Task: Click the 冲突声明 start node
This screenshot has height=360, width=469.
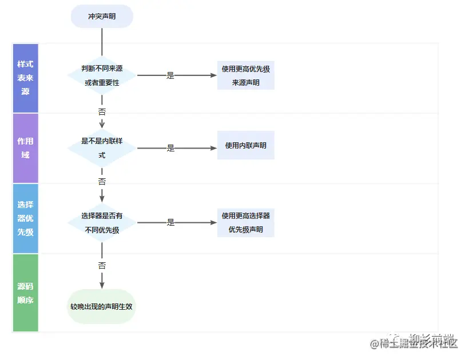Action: [102, 17]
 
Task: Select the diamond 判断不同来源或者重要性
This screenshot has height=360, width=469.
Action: [102, 75]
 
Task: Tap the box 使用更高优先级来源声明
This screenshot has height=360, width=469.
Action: [246, 75]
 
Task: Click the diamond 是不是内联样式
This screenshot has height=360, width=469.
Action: [102, 148]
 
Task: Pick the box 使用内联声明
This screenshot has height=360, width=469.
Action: [246, 146]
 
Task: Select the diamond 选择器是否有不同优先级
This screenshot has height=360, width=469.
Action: [102, 223]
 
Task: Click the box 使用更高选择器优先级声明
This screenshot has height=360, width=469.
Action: [246, 223]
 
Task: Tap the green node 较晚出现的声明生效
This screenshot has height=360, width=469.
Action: [102, 306]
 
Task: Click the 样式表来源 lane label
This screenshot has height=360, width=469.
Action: [25, 78]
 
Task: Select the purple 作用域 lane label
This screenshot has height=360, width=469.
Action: [25, 148]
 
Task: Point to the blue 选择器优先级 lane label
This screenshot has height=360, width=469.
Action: [25, 218]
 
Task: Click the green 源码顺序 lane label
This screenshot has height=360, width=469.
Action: [25, 293]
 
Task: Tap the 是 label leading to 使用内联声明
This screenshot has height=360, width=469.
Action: [170, 148]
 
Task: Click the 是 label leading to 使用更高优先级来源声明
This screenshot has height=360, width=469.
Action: [170, 75]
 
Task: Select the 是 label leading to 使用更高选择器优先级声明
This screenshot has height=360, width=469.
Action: [170, 223]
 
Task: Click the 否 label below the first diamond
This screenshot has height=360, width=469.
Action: [102, 111]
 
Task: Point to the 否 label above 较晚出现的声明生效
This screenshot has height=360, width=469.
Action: [102, 266]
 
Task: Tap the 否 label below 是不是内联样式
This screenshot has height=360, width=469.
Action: [102, 182]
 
